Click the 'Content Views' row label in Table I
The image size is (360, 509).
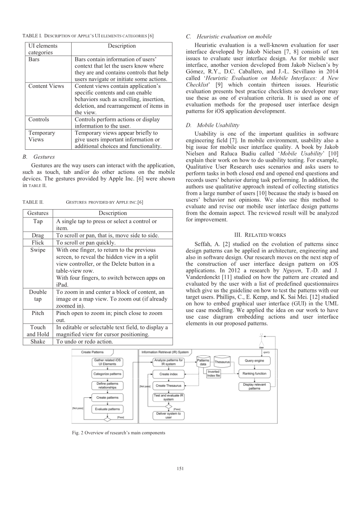[46, 86]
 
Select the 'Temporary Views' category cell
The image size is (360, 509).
[42, 136]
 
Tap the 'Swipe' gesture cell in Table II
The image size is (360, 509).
[38, 250]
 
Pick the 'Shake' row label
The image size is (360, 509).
[38, 341]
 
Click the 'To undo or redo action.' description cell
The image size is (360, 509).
[85, 341]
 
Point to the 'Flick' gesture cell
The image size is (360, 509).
[38, 243]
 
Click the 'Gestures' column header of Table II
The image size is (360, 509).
[38, 213]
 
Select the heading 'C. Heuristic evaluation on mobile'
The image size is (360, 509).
[229, 37]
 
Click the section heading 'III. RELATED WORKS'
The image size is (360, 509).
[260, 235]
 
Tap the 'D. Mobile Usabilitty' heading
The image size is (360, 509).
[218, 125]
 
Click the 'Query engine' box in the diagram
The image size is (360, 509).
[254, 360]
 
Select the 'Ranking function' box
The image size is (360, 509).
[254, 374]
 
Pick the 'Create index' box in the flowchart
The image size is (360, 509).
[169, 374]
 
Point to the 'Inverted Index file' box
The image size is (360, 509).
[213, 374]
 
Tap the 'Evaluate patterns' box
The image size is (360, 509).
[107, 409]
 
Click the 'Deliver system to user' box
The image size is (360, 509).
[169, 415]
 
